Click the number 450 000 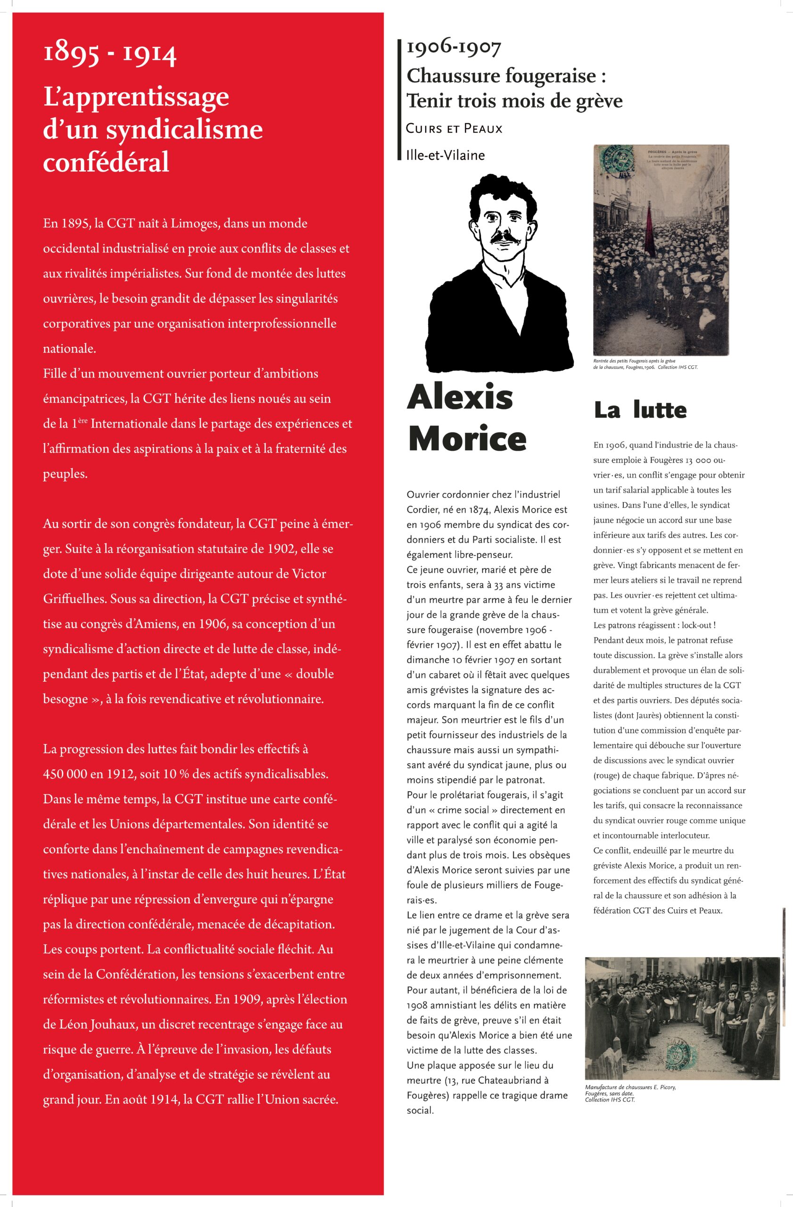pyautogui.click(x=66, y=774)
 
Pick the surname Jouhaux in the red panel pyautogui.click(x=114, y=1025)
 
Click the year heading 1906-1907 pyautogui.click(x=454, y=48)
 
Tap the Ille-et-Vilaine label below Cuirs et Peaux pyautogui.click(x=445, y=155)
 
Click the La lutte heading pyautogui.click(x=640, y=410)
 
